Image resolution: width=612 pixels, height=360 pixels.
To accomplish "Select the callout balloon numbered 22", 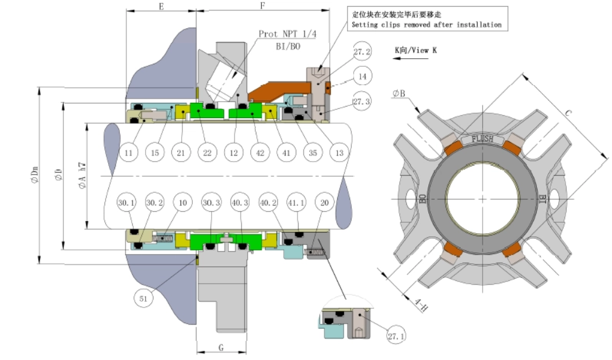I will click(x=207, y=152).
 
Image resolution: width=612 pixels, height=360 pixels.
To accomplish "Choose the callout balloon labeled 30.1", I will click(x=127, y=203).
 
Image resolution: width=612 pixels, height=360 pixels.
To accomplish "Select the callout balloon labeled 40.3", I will click(x=240, y=203).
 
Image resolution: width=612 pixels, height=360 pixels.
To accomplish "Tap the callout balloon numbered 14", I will click(x=362, y=78).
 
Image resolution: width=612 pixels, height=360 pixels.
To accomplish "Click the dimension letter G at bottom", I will click(x=220, y=347).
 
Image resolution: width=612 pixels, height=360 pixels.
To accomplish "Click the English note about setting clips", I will click(x=426, y=25).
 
